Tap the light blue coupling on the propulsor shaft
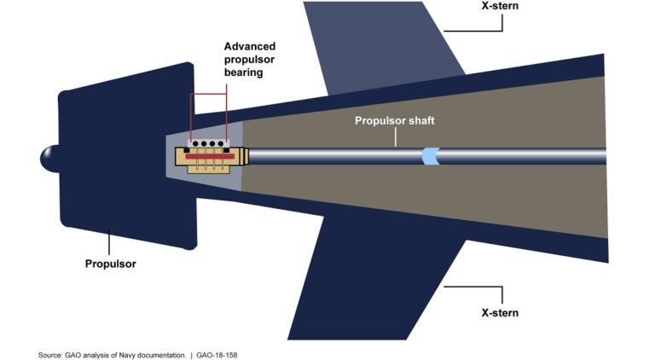pyautogui.click(x=432, y=156)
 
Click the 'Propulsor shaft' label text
pyautogui.click(x=395, y=121)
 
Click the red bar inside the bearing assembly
pyautogui.click(x=209, y=158)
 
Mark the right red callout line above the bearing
pyautogui.click(x=228, y=115)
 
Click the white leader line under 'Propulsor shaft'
pyautogui.click(x=395, y=137)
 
